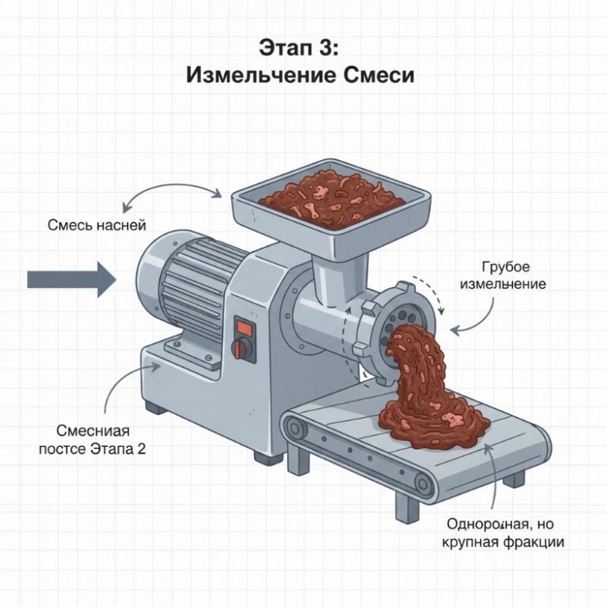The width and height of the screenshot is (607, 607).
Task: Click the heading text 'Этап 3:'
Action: point(302,47)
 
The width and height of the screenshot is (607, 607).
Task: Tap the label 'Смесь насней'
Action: point(96,225)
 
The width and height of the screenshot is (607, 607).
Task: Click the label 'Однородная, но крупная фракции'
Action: point(505,532)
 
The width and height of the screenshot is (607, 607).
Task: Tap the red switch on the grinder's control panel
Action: point(244,328)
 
